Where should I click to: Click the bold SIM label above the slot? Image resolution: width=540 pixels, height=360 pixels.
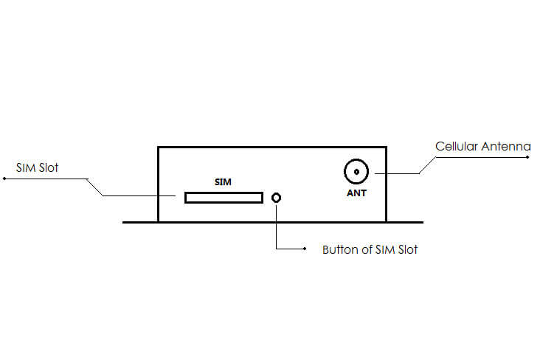[x=223, y=182]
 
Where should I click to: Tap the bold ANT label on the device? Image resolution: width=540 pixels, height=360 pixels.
[x=356, y=193]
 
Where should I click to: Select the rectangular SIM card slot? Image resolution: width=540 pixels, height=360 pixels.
[x=224, y=198]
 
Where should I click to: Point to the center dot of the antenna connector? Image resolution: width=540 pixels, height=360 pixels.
[x=356, y=172]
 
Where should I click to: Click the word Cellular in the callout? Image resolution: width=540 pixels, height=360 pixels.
[x=457, y=146]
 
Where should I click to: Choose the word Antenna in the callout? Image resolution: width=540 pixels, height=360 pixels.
[x=506, y=146]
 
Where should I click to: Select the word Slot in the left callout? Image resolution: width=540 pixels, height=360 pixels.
[x=49, y=167]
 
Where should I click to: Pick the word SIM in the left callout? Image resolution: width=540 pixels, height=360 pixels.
[x=26, y=167]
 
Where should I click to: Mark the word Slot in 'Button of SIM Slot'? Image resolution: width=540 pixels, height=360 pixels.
[x=408, y=249]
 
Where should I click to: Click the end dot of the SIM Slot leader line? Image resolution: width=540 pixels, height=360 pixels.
[x=4, y=179]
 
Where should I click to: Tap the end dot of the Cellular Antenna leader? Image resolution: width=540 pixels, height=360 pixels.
[x=527, y=157]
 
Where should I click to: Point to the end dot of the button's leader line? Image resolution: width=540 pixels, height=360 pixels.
[x=305, y=249]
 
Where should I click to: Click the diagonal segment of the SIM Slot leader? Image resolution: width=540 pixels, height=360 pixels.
[x=94, y=187]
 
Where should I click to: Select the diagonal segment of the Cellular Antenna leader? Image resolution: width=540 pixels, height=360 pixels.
[x=427, y=165]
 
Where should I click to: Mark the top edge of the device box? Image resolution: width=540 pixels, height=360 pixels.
[x=272, y=147]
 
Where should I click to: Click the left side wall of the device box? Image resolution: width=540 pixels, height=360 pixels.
[x=158, y=184]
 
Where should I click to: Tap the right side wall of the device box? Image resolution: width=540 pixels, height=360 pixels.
[x=386, y=184]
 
